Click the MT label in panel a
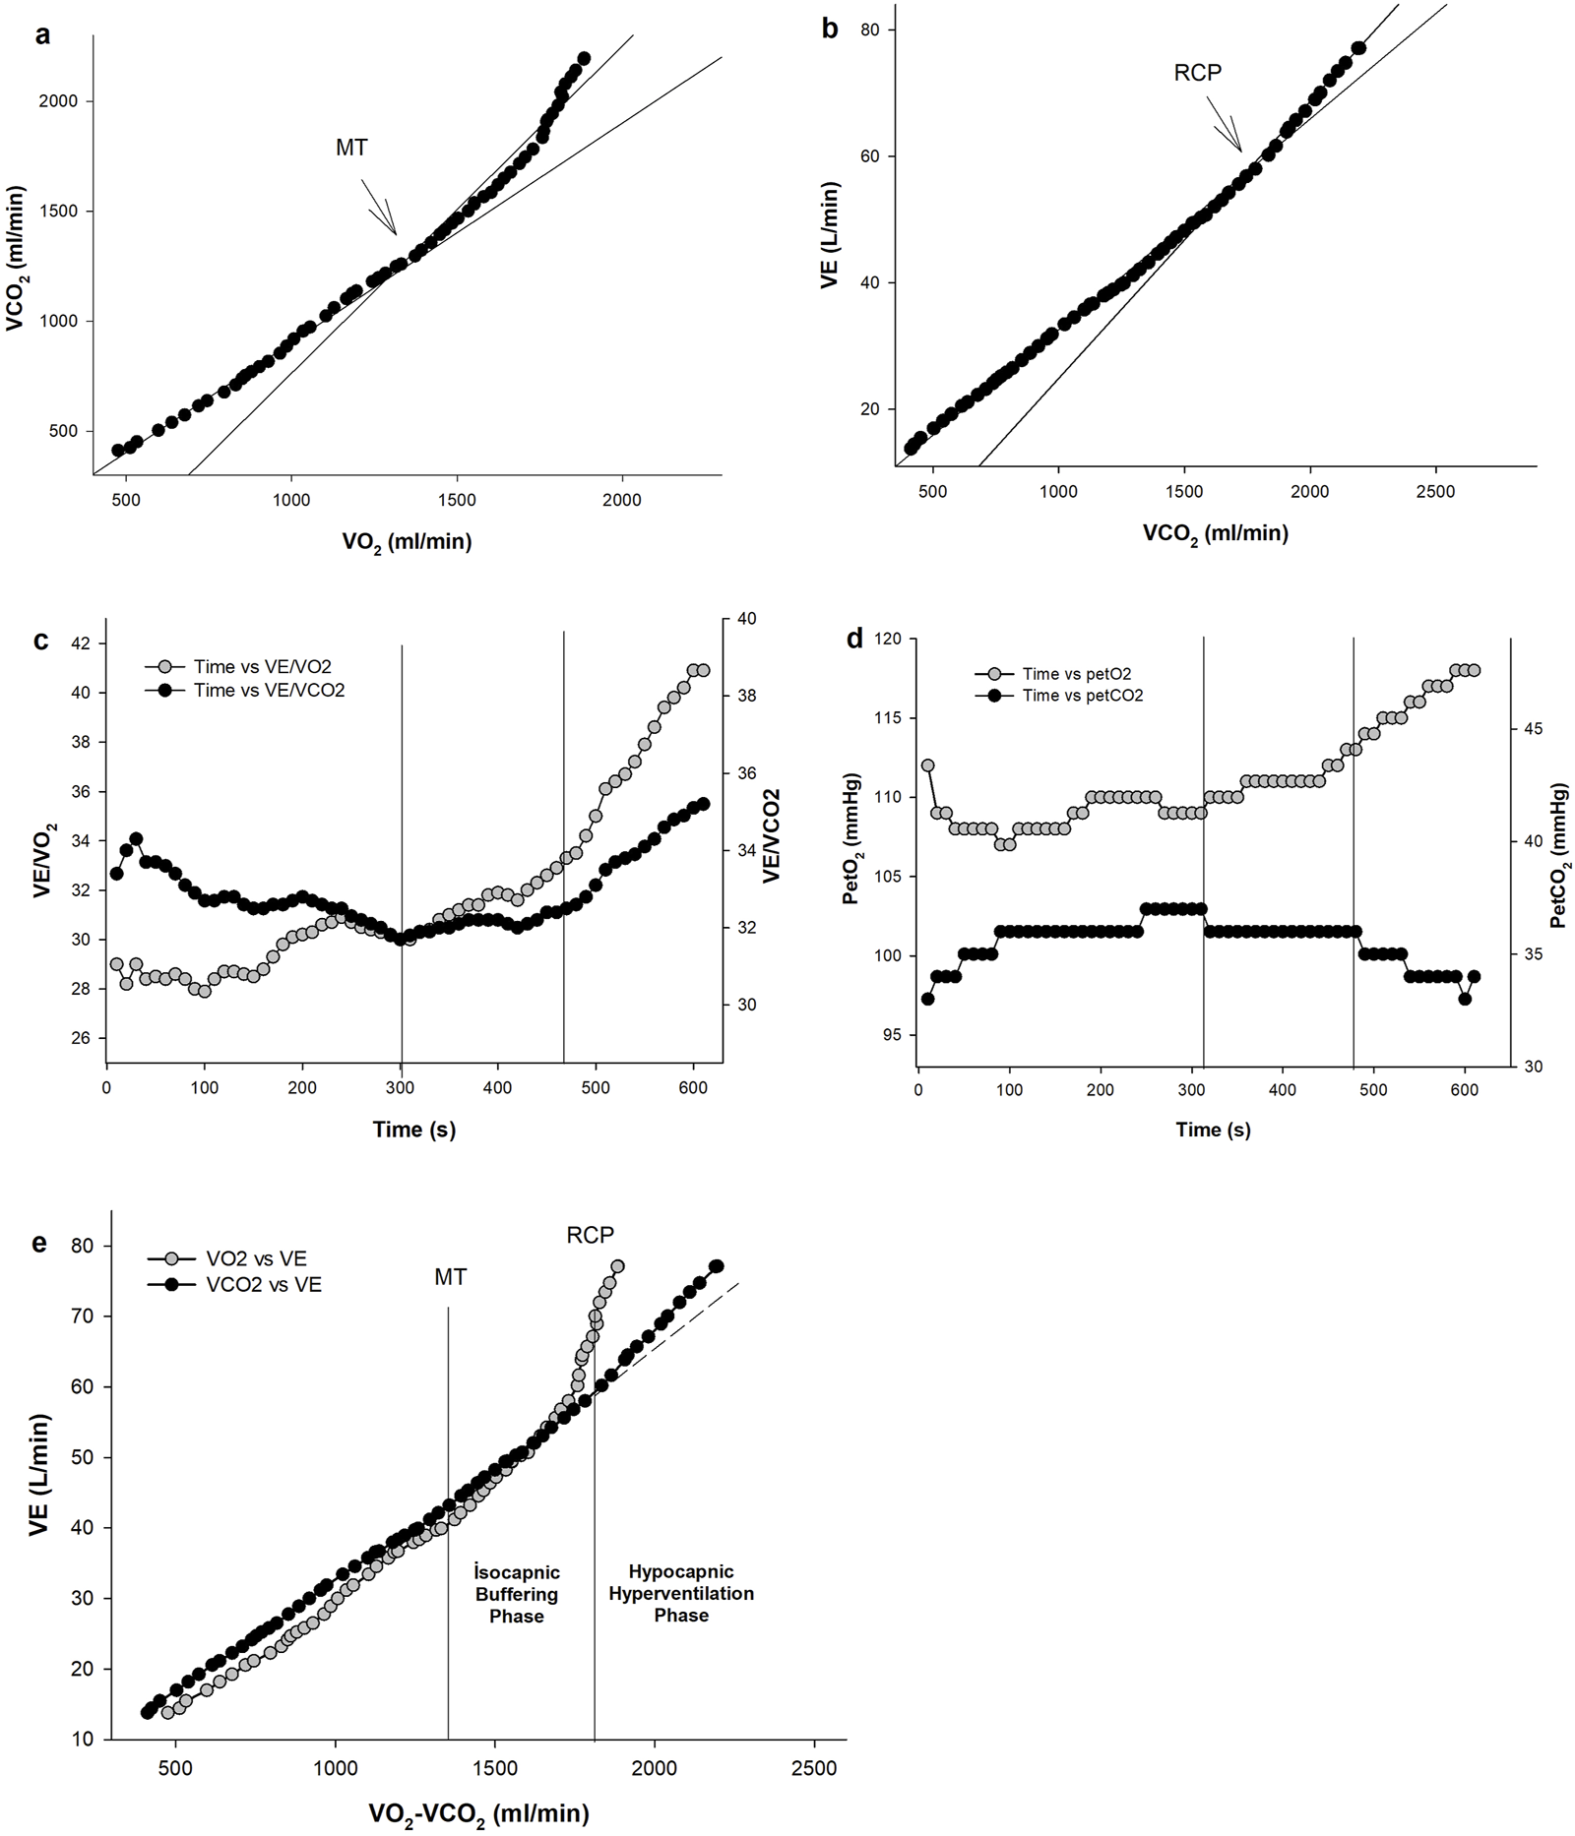351,148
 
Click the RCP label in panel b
1197,73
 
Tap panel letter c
40,641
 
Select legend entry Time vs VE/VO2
262,667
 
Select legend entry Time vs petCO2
1082,696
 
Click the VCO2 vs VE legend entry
263,1285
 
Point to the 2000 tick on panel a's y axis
58,101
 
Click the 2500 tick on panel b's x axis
1434,492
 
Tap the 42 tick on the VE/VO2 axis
80,643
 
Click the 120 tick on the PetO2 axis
888,640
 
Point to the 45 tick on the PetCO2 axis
1533,729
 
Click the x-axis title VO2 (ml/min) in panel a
407,542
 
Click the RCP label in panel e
590,1235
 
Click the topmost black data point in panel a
584,59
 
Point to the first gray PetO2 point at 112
927,765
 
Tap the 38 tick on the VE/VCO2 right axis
746,696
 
